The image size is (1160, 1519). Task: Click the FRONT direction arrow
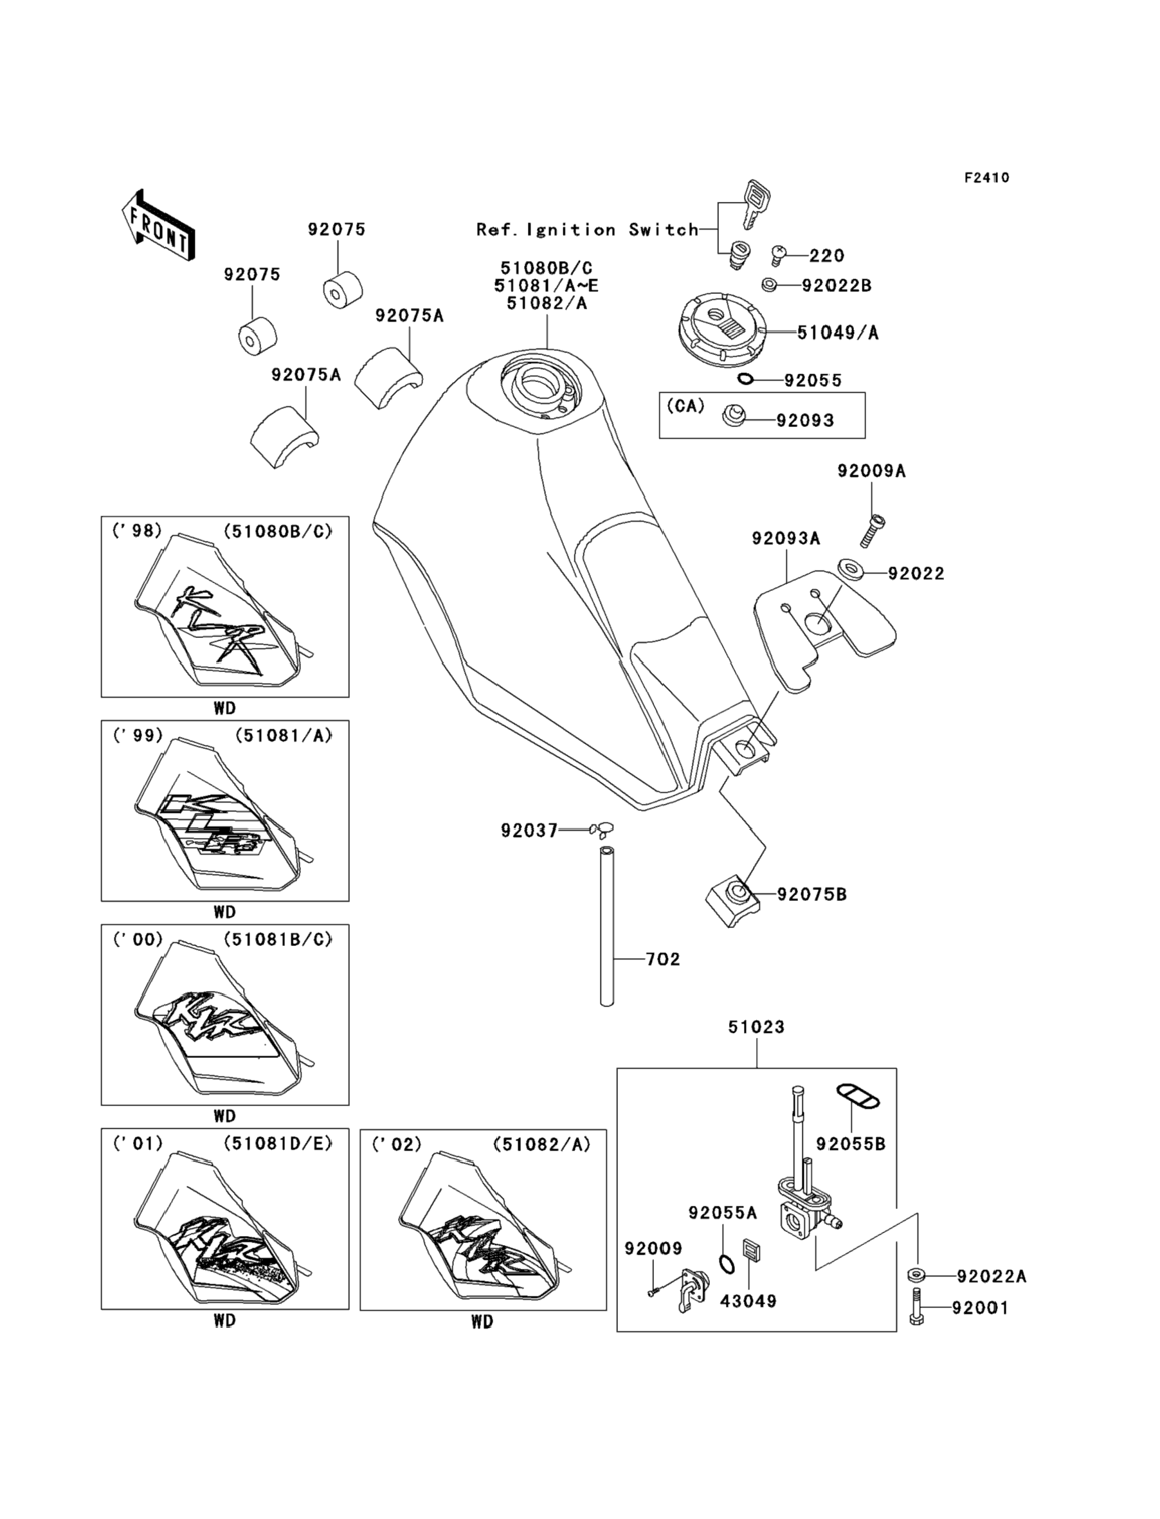[x=158, y=226]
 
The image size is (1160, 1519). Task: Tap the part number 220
[x=826, y=256]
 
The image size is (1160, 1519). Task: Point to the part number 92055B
[x=850, y=1144]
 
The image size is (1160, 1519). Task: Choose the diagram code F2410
[x=986, y=178]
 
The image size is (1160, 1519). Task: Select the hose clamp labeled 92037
[x=601, y=828]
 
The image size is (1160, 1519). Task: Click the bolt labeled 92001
[x=917, y=1307]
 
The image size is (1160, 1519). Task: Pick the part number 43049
[x=748, y=1301]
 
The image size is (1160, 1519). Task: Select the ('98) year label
[x=137, y=531]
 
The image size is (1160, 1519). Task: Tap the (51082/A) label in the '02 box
[x=542, y=1145]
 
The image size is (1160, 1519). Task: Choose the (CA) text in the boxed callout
[x=685, y=406]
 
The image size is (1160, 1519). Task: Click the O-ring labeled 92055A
[x=727, y=1264]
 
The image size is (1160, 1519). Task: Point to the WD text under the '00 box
[x=224, y=1116]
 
